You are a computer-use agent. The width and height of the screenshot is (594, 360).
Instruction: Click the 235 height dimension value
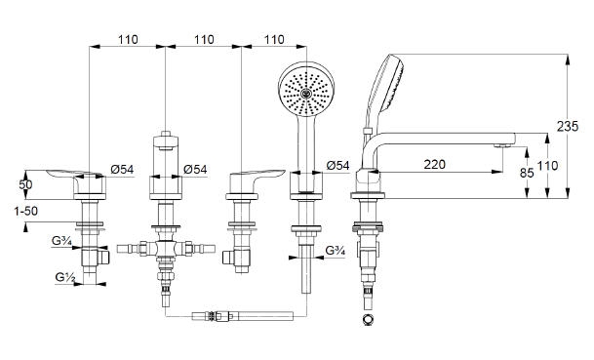tap(568, 126)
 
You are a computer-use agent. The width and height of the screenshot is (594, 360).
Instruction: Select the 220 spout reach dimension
tap(434, 165)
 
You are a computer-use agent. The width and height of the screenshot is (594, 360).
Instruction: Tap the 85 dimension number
tap(527, 174)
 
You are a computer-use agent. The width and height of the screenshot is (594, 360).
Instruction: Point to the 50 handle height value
tap(25, 185)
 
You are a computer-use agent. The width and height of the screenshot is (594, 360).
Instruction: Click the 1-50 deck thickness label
tap(26, 211)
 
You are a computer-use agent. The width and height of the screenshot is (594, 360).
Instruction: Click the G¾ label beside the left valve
tap(61, 241)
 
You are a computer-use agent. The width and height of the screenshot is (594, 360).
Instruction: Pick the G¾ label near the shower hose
tap(336, 251)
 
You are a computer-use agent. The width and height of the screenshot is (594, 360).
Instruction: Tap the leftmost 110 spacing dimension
tap(128, 39)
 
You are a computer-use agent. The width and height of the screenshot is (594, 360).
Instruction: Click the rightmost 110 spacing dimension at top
tap(274, 39)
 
